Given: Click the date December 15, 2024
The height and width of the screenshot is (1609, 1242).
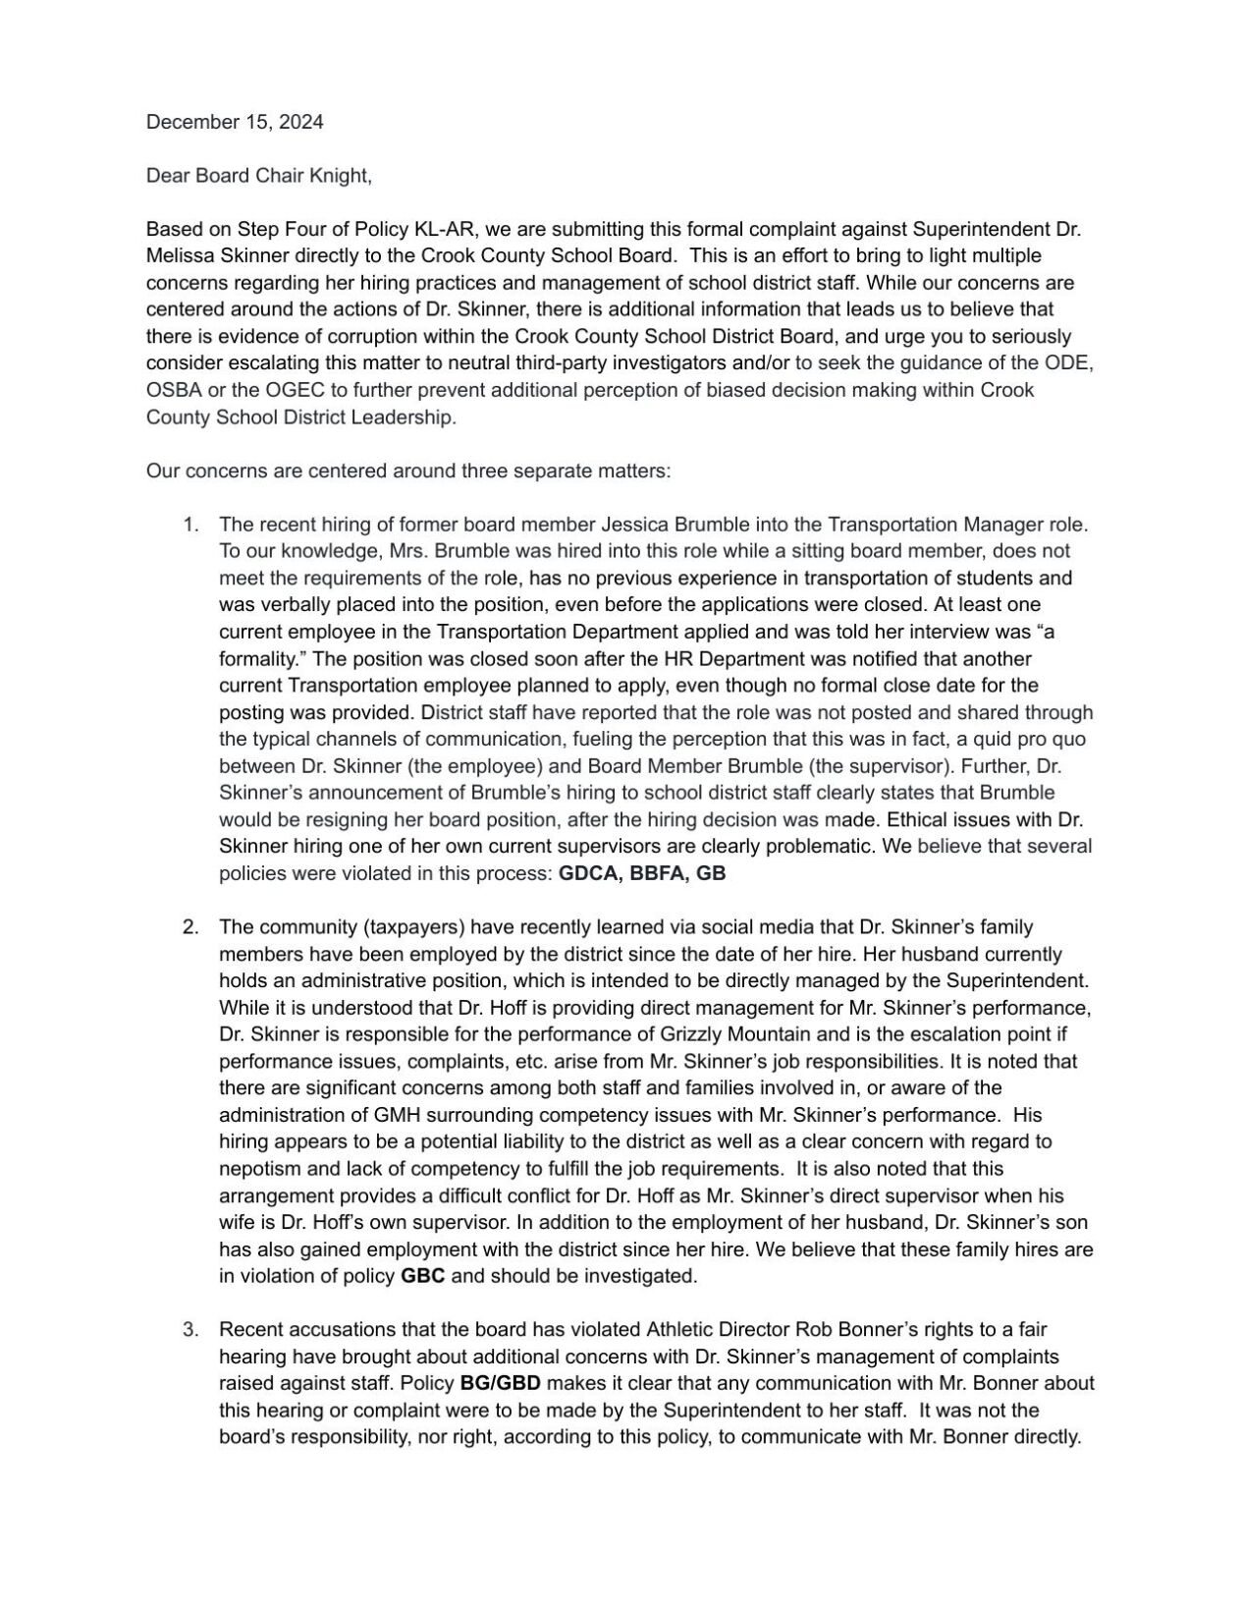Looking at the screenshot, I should [x=234, y=122].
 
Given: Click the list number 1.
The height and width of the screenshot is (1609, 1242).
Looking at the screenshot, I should [x=190, y=525].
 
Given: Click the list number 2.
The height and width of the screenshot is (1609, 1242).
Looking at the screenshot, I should [x=190, y=927].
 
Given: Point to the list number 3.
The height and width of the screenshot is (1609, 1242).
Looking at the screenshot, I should [x=190, y=1330].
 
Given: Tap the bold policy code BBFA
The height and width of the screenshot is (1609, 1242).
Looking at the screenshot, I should [x=656, y=873].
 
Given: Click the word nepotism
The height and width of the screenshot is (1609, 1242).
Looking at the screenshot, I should [x=255, y=1169].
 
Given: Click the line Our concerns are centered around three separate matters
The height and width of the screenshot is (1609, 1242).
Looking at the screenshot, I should [x=407, y=471].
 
